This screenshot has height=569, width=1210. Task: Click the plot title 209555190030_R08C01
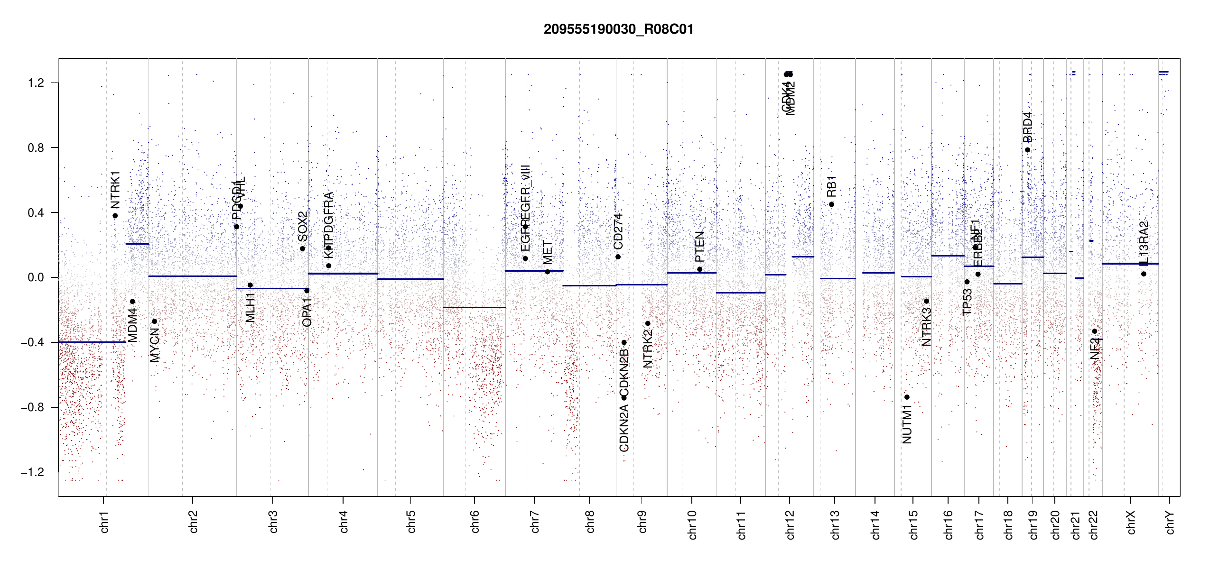618,29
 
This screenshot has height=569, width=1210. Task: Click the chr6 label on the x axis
475,522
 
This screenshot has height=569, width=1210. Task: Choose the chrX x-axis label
1131,522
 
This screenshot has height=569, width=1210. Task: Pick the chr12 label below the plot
790,524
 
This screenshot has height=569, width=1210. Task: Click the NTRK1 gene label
115,190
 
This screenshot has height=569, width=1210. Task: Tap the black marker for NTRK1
115,216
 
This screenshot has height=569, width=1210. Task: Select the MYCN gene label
155,345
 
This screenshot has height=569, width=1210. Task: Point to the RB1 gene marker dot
831,204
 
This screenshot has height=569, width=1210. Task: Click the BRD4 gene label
1027,127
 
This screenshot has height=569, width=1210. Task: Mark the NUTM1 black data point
907,397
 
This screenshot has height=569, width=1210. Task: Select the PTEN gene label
699,247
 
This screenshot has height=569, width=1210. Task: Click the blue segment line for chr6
474,308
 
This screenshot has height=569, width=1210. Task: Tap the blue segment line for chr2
192,276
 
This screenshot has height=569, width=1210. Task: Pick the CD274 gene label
618,231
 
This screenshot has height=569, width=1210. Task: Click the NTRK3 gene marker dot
926,301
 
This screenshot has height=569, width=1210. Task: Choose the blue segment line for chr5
410,279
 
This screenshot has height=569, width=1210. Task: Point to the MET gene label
548,253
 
